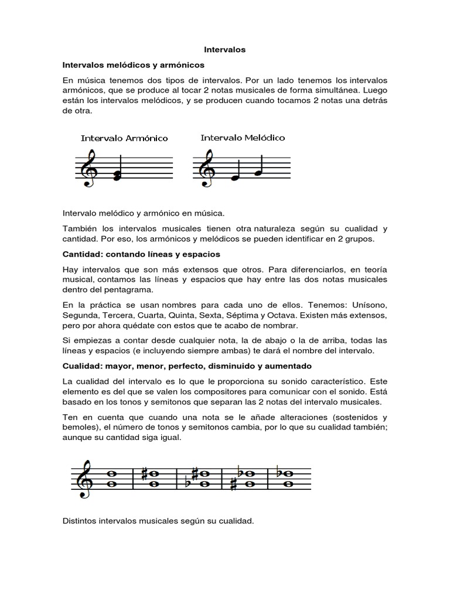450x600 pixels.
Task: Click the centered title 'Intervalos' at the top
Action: [225, 50]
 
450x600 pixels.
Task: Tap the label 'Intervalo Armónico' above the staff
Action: [124, 138]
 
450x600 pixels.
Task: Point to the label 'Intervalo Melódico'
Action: [243, 138]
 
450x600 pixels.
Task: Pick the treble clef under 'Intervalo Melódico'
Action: [206, 167]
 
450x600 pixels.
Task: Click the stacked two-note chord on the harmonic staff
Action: [117, 175]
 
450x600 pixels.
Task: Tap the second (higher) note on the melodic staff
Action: [258, 172]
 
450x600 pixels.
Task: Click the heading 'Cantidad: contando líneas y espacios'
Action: [141, 255]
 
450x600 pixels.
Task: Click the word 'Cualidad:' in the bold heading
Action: [81, 366]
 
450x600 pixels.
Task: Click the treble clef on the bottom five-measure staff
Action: [84, 478]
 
